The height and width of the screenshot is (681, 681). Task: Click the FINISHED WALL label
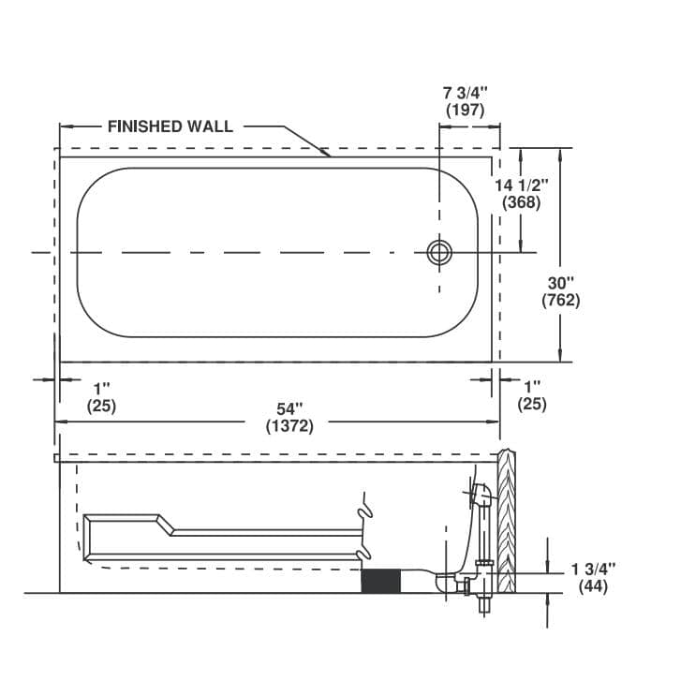tap(170, 126)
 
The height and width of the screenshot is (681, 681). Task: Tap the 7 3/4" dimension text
tap(466, 93)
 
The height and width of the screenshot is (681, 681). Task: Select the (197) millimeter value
tap(466, 110)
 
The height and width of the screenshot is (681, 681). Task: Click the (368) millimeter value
tap(522, 201)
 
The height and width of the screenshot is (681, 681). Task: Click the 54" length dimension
tap(290, 408)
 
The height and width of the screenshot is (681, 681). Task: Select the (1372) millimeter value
tap(290, 425)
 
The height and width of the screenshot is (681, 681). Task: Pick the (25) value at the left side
tap(101, 405)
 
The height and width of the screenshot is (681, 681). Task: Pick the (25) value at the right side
tap(532, 405)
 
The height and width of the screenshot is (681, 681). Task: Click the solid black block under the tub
tap(380, 580)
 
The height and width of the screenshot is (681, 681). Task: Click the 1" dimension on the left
tap(101, 388)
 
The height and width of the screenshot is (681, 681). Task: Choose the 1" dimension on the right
tap(532, 388)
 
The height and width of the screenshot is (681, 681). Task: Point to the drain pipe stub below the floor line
tap(484, 603)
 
